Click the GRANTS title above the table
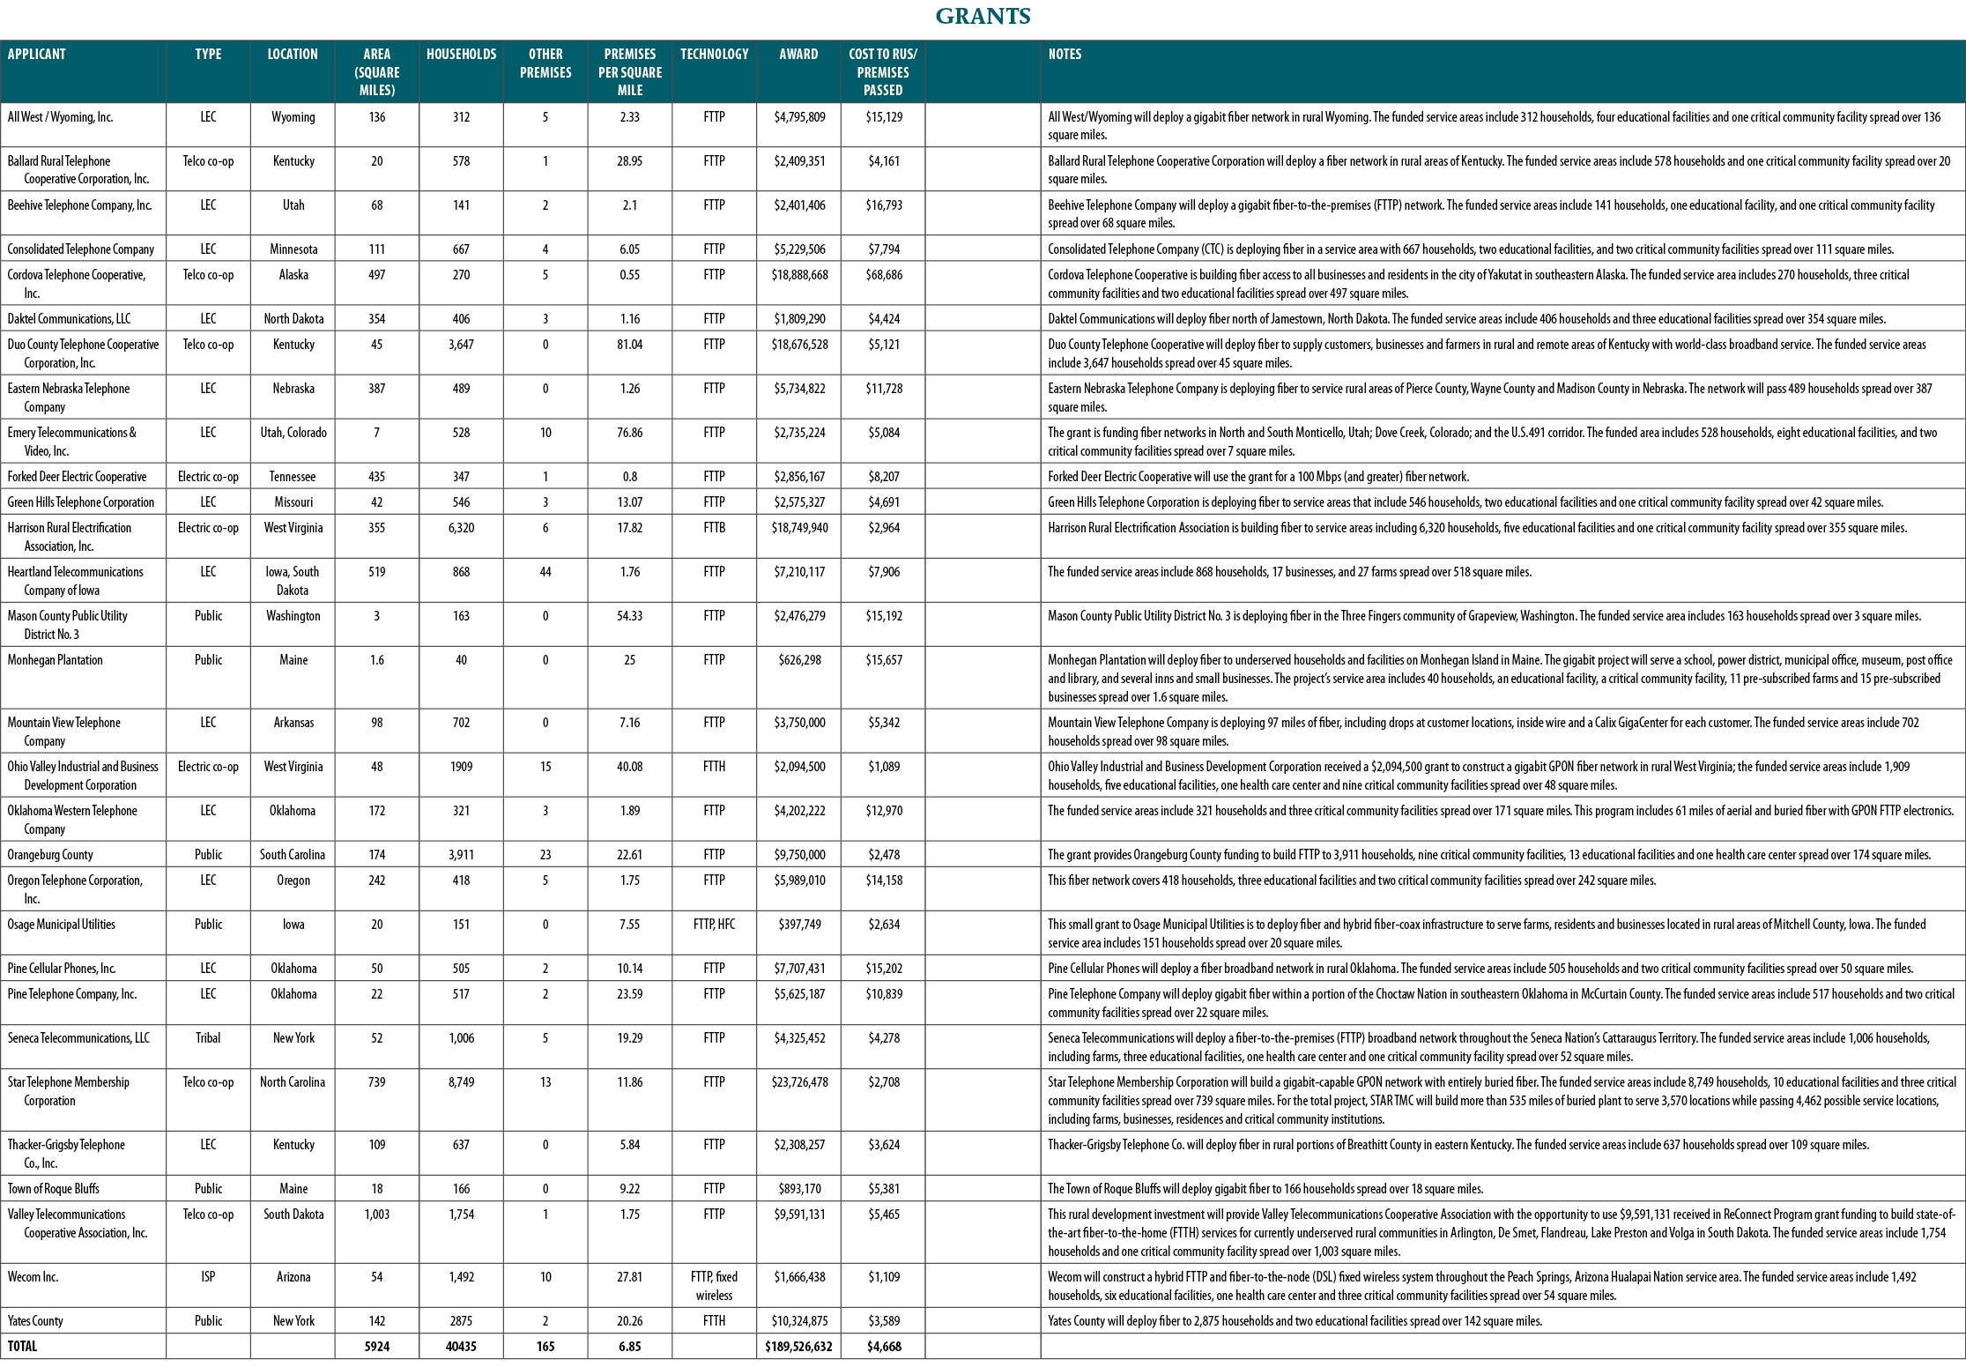pyautogui.click(x=983, y=17)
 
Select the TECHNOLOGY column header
pyautogui.click(x=714, y=55)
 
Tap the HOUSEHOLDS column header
pyautogui.click(x=461, y=55)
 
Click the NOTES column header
pyautogui.click(x=1065, y=55)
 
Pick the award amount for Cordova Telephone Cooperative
pyautogui.click(x=799, y=275)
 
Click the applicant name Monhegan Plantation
pyautogui.click(x=56, y=660)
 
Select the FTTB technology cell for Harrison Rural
pyautogui.click(x=714, y=528)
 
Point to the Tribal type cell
pyautogui.click(x=208, y=1038)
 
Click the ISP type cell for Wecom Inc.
pyautogui.click(x=208, y=1277)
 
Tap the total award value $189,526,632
pyautogui.click(x=798, y=1347)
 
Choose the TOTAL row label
pyautogui.click(x=23, y=1347)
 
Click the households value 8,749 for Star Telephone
pyautogui.click(x=461, y=1082)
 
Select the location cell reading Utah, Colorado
pyautogui.click(x=293, y=433)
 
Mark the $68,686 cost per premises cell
pyautogui.click(x=883, y=275)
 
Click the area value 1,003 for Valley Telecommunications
pyautogui.click(x=376, y=1215)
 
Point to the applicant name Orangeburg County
pyautogui.click(x=50, y=855)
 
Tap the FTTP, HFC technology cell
pyautogui.click(x=714, y=925)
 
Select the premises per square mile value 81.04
pyautogui.click(x=629, y=345)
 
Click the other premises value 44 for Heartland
pyautogui.click(x=545, y=572)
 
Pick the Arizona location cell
pyautogui.click(x=293, y=1277)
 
